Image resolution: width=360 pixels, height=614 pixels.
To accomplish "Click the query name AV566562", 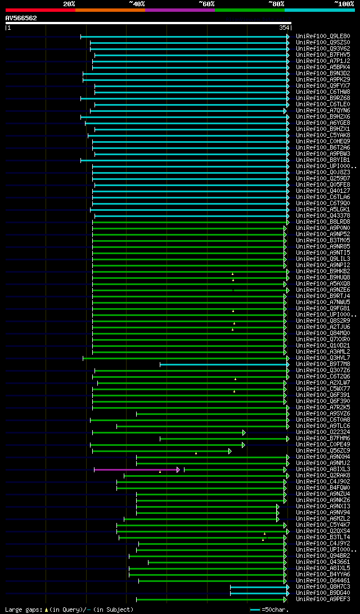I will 21,18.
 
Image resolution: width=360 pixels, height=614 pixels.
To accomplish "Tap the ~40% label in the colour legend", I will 137,3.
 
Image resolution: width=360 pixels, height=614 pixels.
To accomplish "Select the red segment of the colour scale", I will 40,10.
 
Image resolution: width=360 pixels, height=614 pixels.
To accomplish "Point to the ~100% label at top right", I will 344,3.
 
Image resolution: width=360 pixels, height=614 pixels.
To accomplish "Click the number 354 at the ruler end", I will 283,28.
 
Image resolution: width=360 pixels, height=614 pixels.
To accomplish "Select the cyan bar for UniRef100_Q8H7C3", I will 259,586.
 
